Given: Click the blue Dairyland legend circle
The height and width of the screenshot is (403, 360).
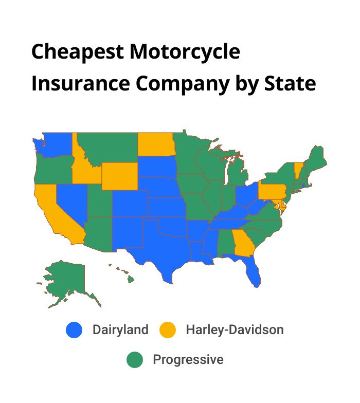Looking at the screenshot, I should click(x=74, y=329).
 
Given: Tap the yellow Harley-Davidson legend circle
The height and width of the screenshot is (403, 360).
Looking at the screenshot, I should click(x=168, y=329).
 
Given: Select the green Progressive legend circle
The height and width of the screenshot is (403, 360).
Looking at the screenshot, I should click(x=135, y=360).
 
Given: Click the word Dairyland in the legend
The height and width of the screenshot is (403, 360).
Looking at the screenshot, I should click(x=120, y=329).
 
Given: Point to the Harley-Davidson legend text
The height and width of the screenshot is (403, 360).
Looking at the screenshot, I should click(x=235, y=329).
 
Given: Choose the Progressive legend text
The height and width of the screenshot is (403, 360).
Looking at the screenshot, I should click(x=188, y=360).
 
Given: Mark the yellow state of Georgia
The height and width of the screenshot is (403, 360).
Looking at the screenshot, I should click(x=243, y=242).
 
